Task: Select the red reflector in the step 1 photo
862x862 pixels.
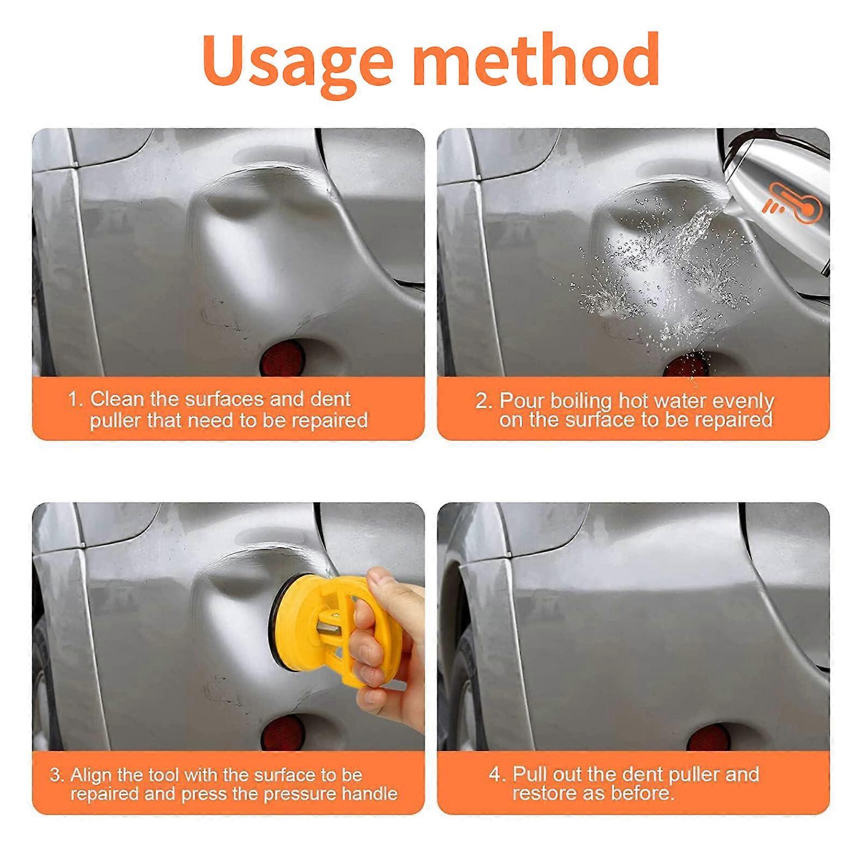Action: point(282,358)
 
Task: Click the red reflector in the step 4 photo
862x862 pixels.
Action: point(712,734)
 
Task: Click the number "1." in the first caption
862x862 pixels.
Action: point(76,400)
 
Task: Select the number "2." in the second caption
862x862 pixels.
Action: point(483,401)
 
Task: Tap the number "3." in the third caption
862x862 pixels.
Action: point(57,775)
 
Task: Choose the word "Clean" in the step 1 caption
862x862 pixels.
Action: point(118,399)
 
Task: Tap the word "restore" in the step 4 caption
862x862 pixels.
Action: point(544,793)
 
